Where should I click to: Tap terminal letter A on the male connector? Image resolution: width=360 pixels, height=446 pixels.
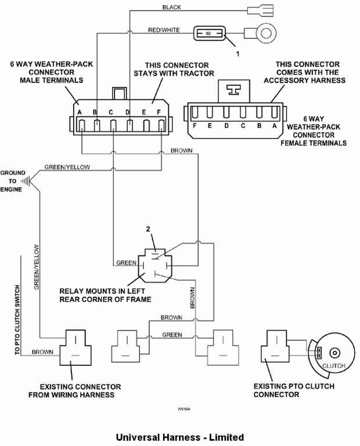(x=79, y=112)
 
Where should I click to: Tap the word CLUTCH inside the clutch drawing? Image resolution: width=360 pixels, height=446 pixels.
(x=334, y=366)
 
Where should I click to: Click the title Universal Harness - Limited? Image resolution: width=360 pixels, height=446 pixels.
(x=179, y=437)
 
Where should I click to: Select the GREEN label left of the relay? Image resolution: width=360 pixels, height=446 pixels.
(x=126, y=262)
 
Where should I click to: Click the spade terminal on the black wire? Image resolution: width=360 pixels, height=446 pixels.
(x=256, y=10)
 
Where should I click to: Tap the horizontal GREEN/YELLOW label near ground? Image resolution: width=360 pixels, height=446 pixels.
(x=65, y=167)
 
